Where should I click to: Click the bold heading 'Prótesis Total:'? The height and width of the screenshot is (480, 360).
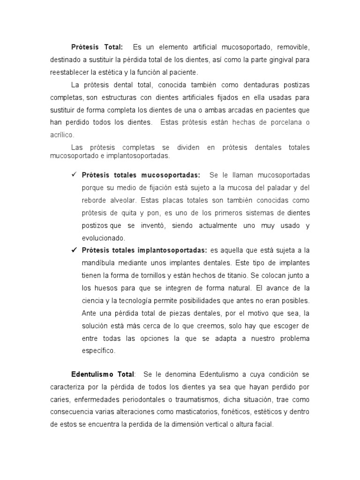tap(97, 47)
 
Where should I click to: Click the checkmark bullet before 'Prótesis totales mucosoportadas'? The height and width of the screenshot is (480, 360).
tap(74, 175)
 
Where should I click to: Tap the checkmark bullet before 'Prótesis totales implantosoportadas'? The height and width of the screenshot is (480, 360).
tap(74, 250)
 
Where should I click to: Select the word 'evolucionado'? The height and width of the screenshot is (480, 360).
tap(104, 238)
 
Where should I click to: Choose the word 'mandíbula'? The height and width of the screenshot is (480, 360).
tap(99, 262)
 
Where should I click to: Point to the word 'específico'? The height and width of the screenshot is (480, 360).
tap(98, 350)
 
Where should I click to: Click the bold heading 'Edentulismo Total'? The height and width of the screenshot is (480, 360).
tap(103, 375)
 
